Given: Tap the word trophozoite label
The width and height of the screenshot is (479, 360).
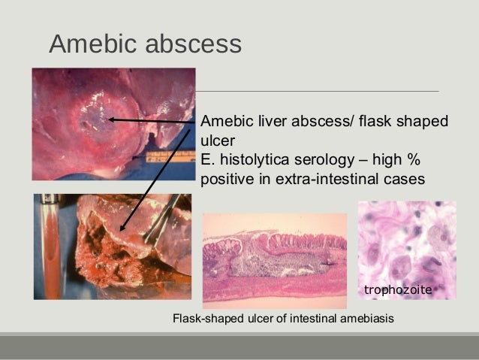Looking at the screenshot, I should point(396,289).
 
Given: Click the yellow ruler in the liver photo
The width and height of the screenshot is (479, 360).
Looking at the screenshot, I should point(166,157).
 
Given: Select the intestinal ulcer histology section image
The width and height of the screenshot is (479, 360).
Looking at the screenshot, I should point(274,260).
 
